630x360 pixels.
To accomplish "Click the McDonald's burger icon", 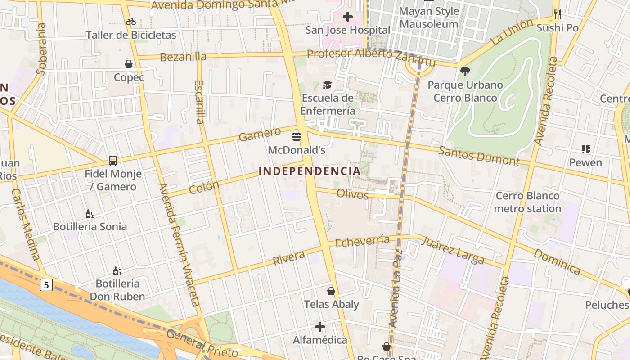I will [297, 136].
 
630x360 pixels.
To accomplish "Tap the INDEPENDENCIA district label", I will [310, 171].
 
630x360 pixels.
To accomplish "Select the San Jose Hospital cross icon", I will [347, 17].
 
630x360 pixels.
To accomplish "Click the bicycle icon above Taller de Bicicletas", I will [131, 22].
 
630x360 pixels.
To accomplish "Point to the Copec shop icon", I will [129, 64].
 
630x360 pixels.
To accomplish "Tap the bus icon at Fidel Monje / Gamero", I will [113, 160].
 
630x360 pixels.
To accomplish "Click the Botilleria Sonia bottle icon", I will [90, 214].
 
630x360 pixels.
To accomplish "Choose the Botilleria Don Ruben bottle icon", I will [117, 271].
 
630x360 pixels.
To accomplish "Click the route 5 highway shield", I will [46, 284].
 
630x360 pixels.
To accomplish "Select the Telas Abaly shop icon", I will [331, 291].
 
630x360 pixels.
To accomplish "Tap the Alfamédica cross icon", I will [320, 326].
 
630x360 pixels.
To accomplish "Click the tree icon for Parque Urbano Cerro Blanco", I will [465, 72].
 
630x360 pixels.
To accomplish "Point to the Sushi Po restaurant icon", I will [558, 14].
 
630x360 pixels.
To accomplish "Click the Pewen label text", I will [585, 162].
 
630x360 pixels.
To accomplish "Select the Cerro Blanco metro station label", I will [527, 202].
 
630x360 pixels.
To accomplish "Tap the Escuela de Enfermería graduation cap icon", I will [327, 85].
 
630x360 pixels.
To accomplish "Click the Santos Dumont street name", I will [479, 156].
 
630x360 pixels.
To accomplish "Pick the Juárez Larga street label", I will [453, 251].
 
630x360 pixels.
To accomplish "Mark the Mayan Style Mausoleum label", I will [429, 18].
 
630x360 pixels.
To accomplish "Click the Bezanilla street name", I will [183, 57].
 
